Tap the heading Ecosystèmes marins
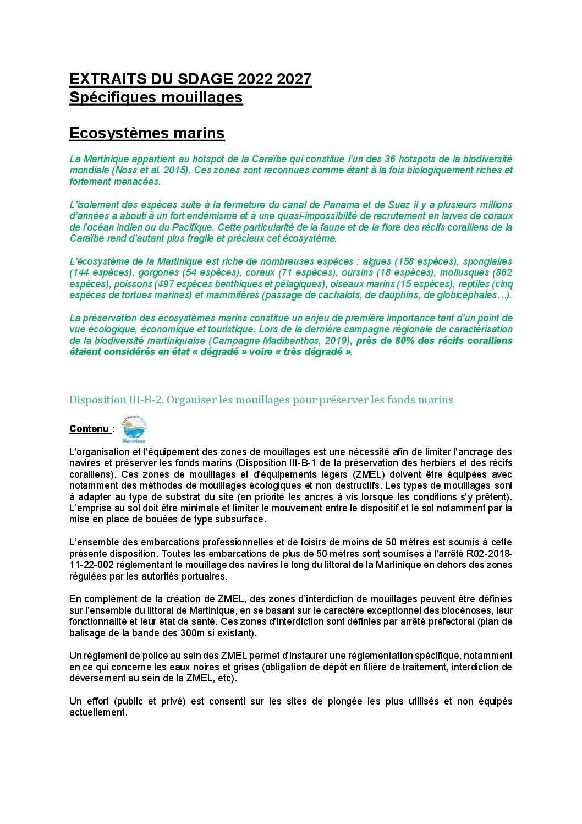(x=147, y=133)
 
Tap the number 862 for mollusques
(x=503, y=272)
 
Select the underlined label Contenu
(x=90, y=429)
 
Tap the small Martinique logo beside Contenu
(x=134, y=429)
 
